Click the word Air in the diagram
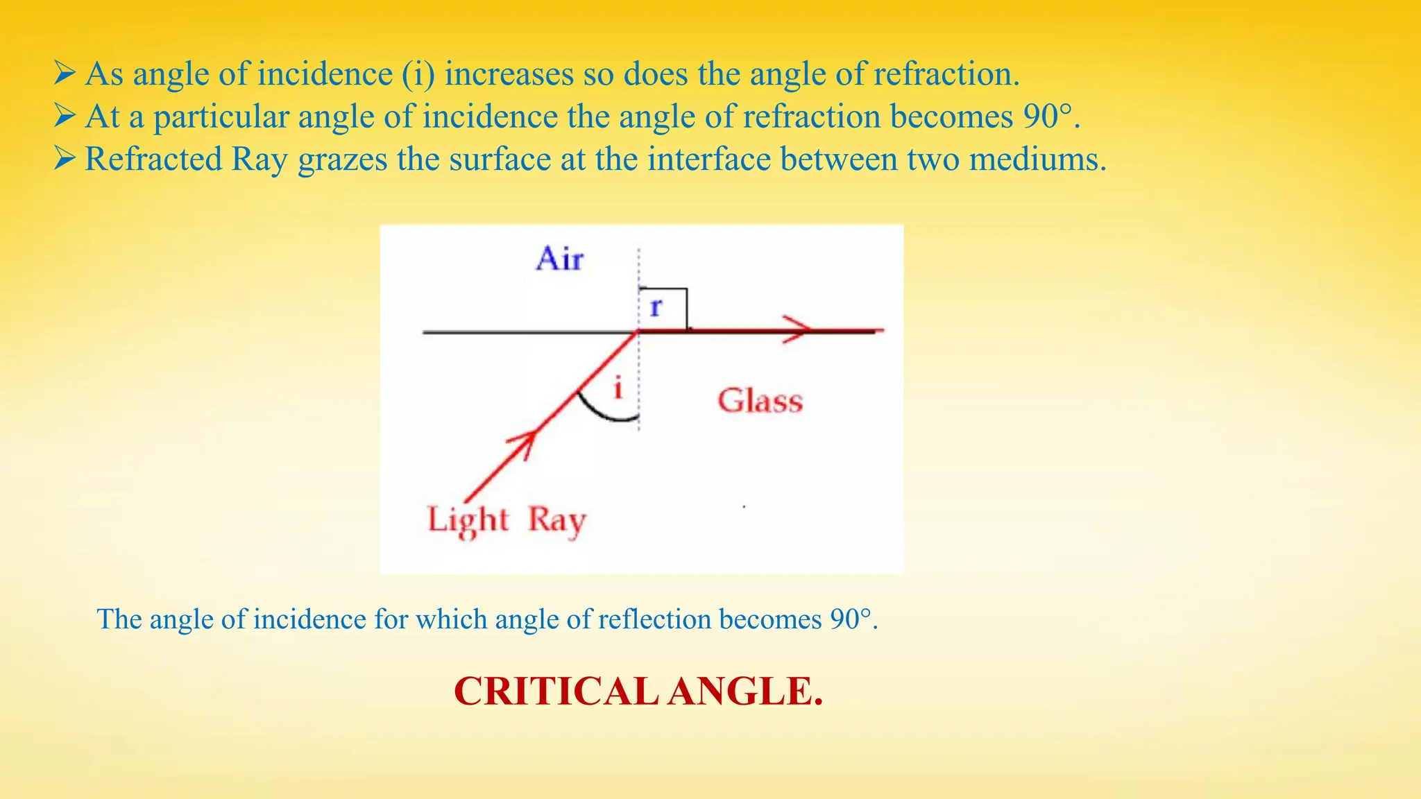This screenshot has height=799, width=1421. coord(559,259)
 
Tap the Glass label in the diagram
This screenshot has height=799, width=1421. coord(760,401)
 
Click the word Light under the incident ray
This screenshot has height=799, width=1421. coord(468,520)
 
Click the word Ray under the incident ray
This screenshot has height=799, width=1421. coord(557,520)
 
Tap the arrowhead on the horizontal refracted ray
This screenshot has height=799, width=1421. coord(798,329)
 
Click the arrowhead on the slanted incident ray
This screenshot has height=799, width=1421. coord(524,443)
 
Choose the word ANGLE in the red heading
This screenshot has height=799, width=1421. coord(745,691)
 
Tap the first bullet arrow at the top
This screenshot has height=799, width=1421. coord(65,73)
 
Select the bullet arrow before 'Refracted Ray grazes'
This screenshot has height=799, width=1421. coord(65,158)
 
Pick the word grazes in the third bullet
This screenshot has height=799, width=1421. coord(343,160)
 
